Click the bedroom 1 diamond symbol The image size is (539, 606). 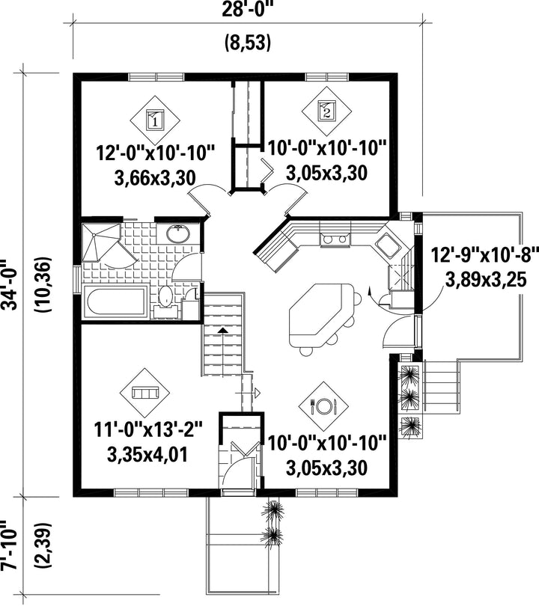[154, 120]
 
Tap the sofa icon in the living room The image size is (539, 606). [145, 393]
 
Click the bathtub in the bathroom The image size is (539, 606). [115, 302]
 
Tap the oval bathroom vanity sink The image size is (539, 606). [178, 233]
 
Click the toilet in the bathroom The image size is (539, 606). [166, 302]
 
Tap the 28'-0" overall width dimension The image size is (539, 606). [248, 8]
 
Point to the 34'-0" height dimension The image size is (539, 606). [9, 285]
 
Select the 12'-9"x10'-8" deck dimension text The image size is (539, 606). [485, 255]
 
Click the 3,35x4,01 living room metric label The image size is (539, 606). [147, 455]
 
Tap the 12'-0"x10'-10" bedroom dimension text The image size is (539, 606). [155, 153]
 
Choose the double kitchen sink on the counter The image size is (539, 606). [335, 239]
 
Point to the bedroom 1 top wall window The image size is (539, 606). [156, 76]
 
